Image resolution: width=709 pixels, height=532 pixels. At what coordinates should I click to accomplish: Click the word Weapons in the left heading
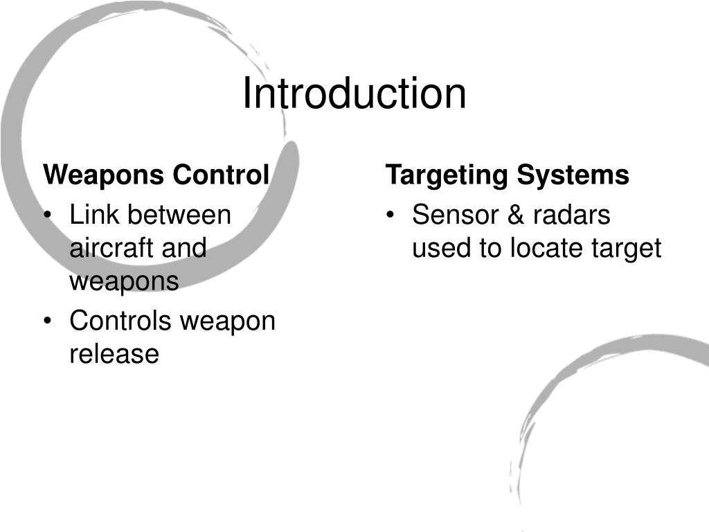pos(105,175)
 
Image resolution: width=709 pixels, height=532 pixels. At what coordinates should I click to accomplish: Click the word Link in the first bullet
pos(93,215)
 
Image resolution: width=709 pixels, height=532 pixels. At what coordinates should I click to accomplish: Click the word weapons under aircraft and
pos(124,282)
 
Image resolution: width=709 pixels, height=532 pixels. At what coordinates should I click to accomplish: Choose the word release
pos(114,354)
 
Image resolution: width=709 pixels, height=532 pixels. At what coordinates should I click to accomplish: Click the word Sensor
pos(455,215)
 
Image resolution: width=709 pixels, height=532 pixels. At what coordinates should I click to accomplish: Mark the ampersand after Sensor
pos(515,215)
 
